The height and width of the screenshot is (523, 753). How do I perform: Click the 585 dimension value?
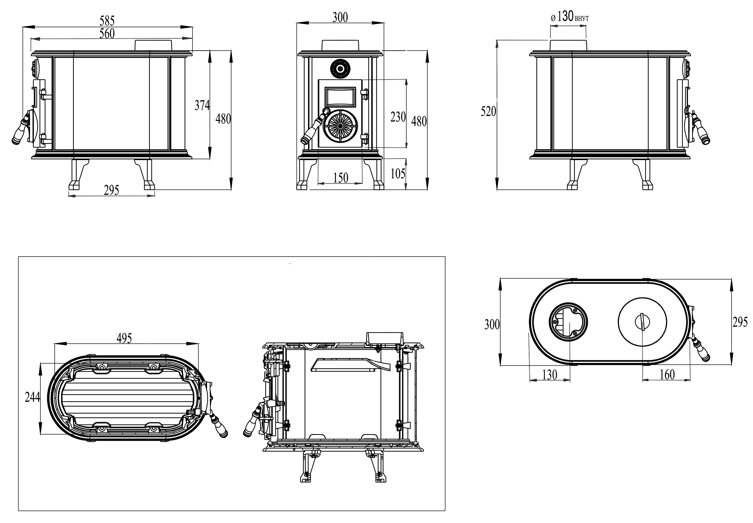[107, 21]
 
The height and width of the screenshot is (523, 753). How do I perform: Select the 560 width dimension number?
[107, 33]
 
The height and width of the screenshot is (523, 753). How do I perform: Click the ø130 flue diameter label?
[569, 16]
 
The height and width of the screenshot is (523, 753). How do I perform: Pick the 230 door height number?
[398, 117]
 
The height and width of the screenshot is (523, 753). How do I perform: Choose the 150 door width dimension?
[340, 178]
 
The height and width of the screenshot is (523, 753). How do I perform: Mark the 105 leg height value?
[398, 174]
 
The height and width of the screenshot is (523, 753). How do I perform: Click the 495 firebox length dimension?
[124, 338]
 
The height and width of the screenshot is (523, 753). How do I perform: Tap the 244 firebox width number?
[33, 397]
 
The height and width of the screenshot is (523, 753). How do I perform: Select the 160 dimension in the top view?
[667, 375]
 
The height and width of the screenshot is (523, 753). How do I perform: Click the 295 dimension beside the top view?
[740, 322]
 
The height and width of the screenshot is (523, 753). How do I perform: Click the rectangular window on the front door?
[340, 96]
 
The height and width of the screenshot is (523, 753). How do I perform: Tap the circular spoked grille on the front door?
[340, 126]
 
